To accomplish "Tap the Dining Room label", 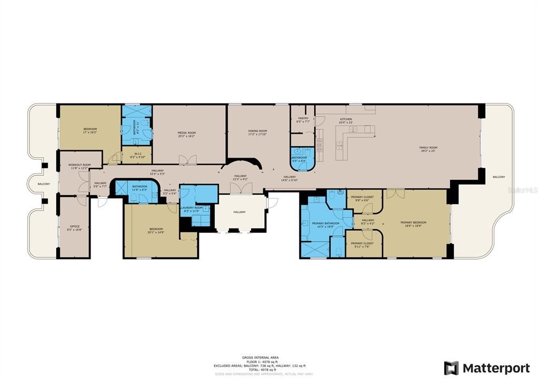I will [258, 131].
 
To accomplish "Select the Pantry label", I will [303, 119].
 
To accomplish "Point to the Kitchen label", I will [346, 119].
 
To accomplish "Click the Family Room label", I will [428, 148].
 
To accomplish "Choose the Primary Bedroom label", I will [413, 222].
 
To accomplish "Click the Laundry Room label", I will [192, 208].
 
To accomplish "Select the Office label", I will [75, 227].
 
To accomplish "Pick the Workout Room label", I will [79, 165].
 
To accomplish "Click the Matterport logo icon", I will [451, 368].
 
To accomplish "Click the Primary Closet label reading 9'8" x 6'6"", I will [364, 197].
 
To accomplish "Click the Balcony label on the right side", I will [498, 177].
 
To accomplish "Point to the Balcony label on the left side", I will [43, 184].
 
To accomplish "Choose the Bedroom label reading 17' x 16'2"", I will [90, 129].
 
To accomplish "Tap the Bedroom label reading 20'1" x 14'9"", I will [156, 229].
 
